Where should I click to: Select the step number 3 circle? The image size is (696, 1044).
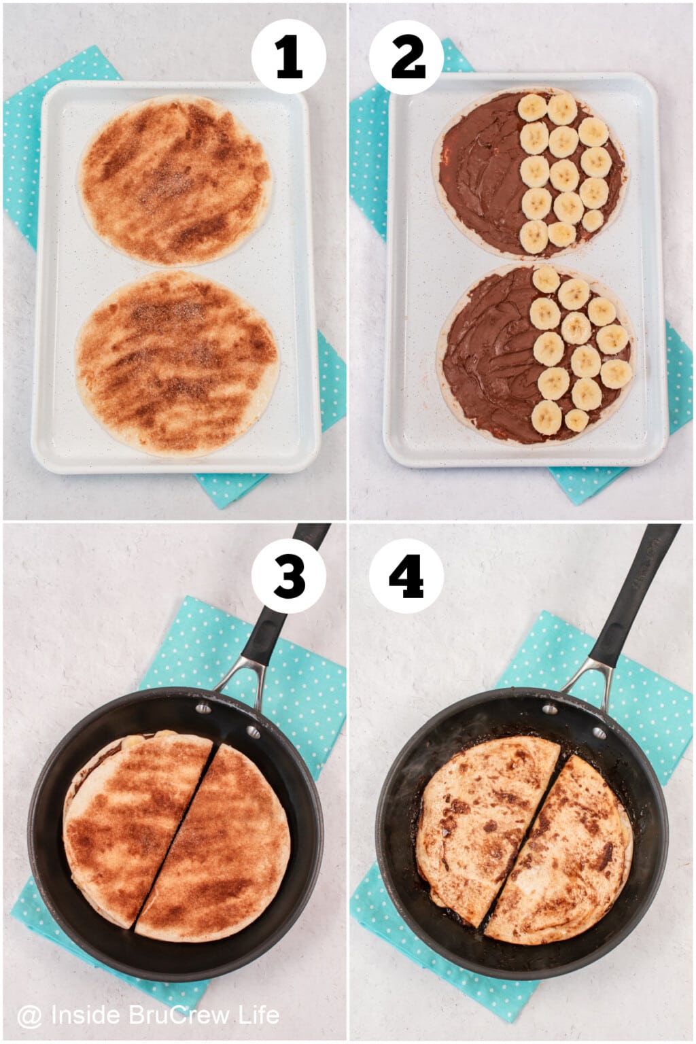tap(288, 578)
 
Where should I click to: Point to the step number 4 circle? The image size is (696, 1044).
tap(406, 578)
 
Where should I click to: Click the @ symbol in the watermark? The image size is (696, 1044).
tap(29, 1016)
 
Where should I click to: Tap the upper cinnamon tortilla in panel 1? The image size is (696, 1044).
tap(175, 180)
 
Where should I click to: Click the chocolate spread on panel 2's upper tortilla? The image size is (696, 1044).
tap(479, 173)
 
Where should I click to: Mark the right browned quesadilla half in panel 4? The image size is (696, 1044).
tap(564, 856)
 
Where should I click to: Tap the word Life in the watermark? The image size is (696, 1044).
tap(258, 1015)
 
